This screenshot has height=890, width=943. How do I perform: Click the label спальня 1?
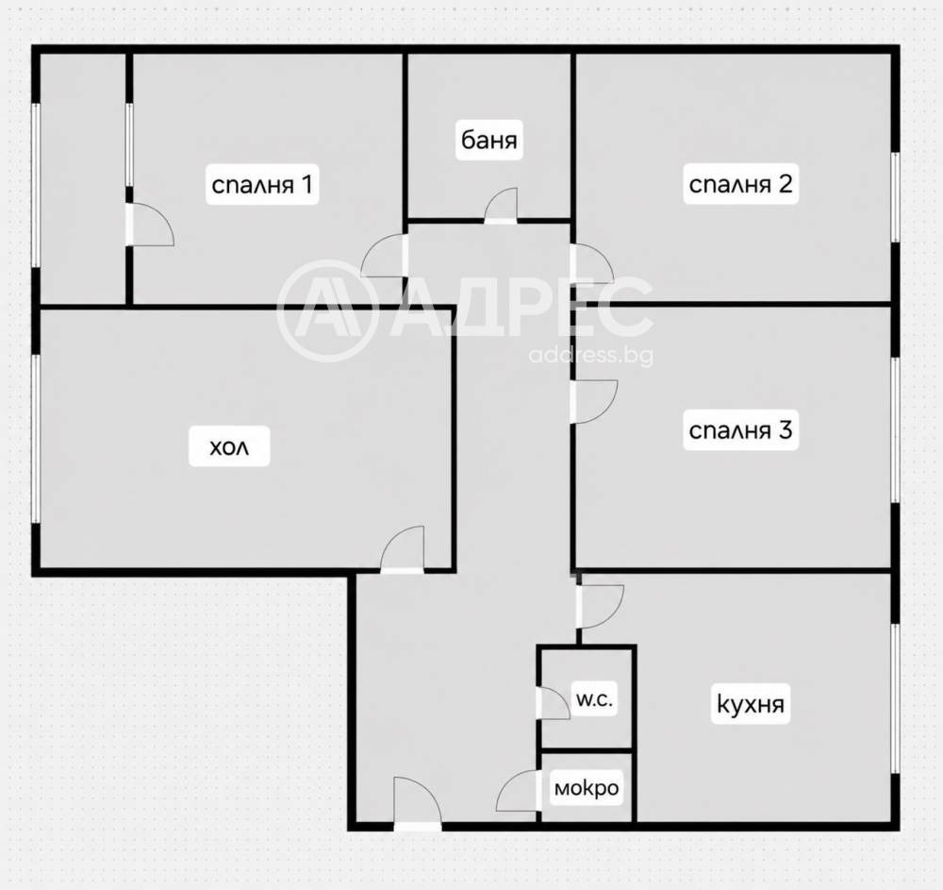point(261,184)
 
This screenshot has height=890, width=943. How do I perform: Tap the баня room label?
point(488,141)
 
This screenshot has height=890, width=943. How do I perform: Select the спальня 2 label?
point(740,183)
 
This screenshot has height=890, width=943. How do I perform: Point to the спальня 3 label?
point(740,429)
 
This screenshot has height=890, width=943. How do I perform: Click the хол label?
point(229,446)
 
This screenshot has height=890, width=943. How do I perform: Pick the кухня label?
point(750,703)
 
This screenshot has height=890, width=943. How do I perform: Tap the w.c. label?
point(594,700)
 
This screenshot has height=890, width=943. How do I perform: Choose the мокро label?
point(587,788)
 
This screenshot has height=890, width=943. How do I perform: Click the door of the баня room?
point(501,206)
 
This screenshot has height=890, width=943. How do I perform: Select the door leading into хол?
point(403,549)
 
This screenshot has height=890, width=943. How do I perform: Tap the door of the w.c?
point(553,703)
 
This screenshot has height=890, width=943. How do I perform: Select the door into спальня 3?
point(593,401)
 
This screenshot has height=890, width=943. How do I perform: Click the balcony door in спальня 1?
point(150,225)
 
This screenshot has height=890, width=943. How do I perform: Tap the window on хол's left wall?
point(36,438)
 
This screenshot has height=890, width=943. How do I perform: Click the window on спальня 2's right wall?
point(895,197)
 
